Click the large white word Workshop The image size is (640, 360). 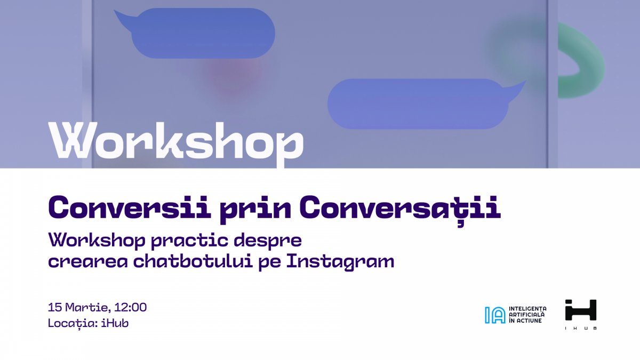coord(176,142)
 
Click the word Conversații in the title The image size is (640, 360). coord(399,207)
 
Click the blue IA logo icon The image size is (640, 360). coord(494,315)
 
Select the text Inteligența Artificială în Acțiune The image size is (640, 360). coord(528,315)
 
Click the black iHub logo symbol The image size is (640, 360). coord(580,310)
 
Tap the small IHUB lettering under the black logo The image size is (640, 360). coord(580,328)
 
